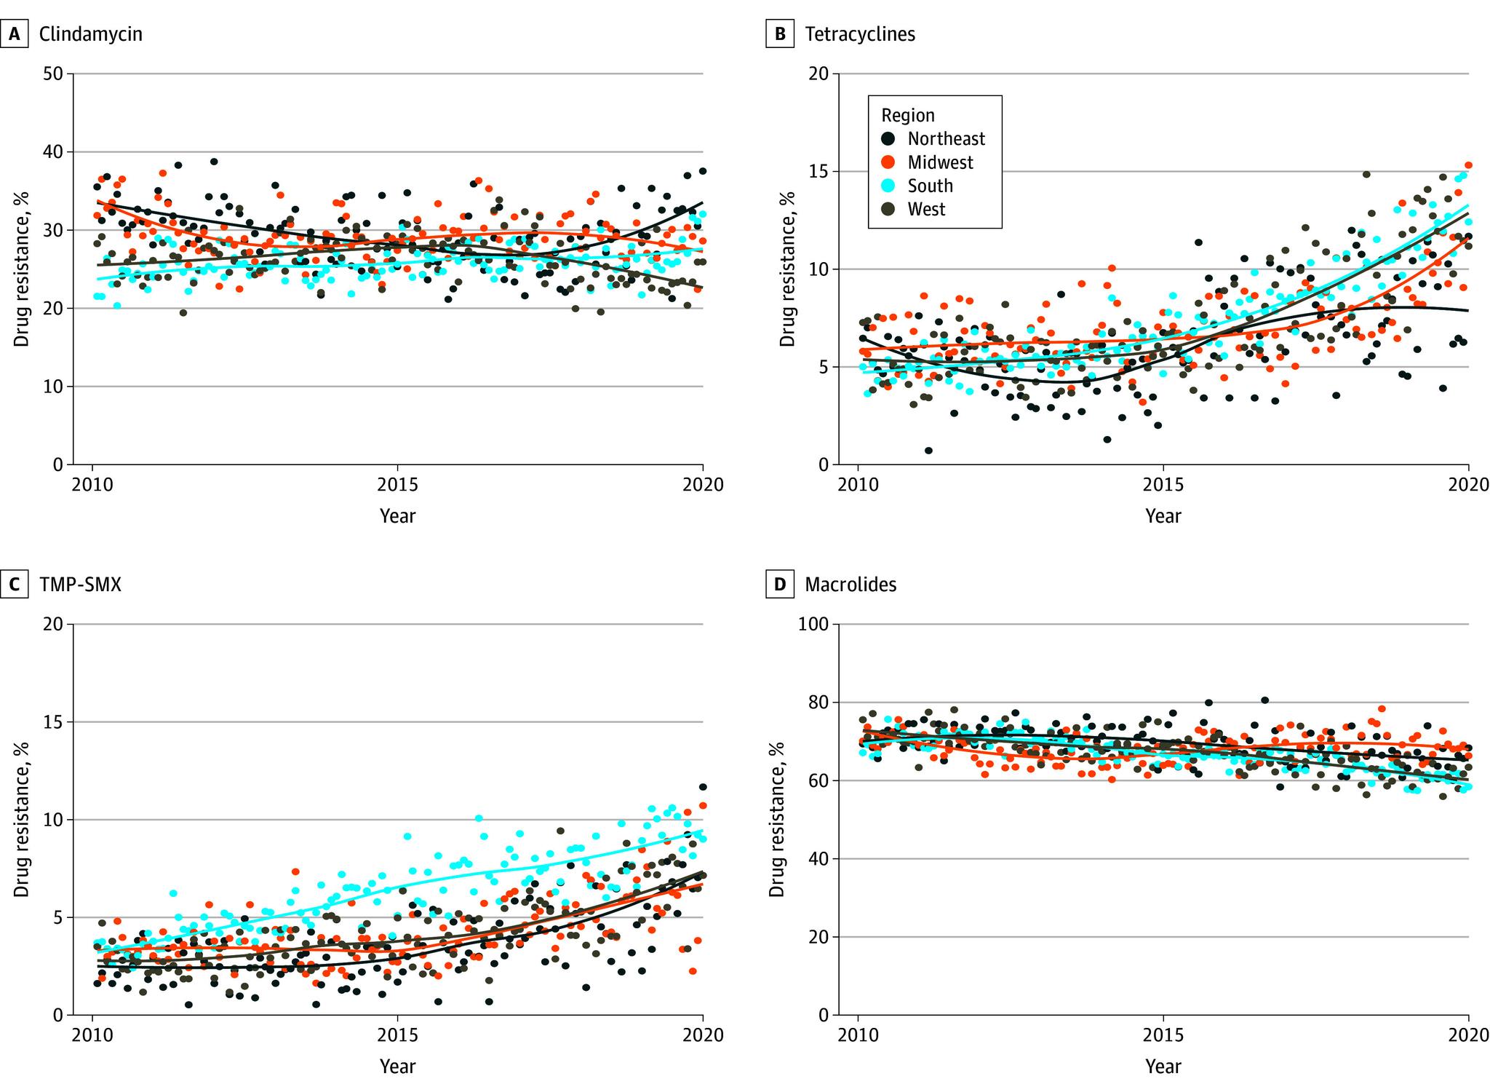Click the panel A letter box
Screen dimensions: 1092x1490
(x=15, y=34)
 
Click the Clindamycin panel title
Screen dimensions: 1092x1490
(x=91, y=34)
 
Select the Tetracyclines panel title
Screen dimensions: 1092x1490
(x=860, y=34)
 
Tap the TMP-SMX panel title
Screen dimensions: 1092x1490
(x=80, y=585)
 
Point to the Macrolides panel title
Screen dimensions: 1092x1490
(x=850, y=585)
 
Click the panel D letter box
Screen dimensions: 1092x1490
(x=780, y=585)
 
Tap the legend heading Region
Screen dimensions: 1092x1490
(x=908, y=116)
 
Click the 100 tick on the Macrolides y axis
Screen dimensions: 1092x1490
(x=815, y=625)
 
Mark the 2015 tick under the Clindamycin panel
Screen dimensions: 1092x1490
(x=397, y=485)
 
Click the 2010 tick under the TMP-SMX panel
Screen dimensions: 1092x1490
(x=92, y=1035)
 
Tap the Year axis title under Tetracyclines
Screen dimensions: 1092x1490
(x=1163, y=516)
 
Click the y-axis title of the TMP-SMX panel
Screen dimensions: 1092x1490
(x=22, y=819)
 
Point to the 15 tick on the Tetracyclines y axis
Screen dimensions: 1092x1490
(x=820, y=172)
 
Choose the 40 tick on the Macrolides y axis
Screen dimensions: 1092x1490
(x=820, y=859)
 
